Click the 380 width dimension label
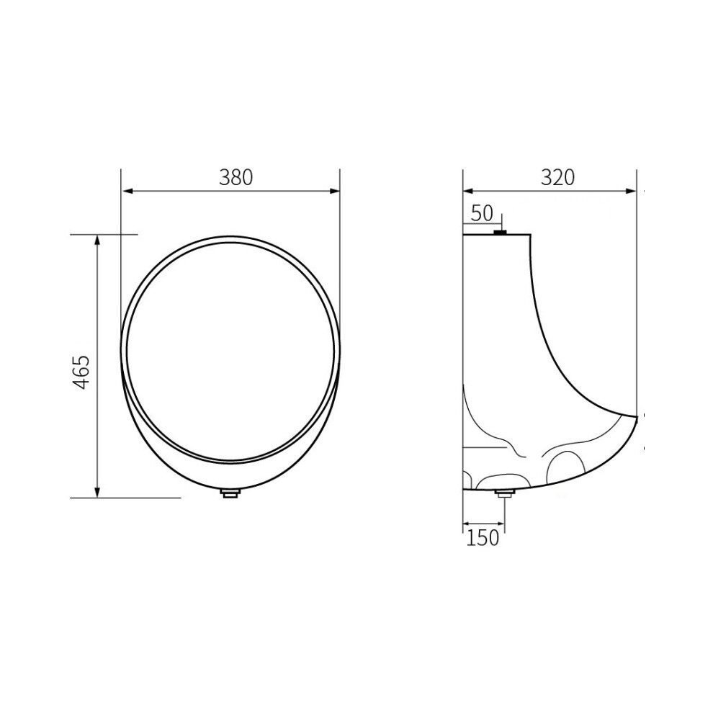pos(236,177)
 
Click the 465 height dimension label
pos(82,372)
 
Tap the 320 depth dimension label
pos(557,177)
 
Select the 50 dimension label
pos(482,213)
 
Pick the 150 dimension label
pos(483,538)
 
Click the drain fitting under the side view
pos(504,494)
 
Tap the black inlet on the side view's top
pos(501,233)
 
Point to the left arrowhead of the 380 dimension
pos(127,192)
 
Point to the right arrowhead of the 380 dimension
pos(334,192)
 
